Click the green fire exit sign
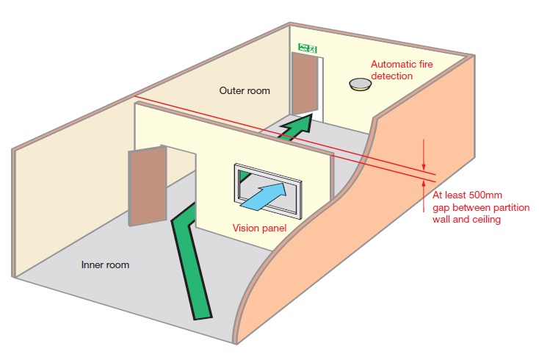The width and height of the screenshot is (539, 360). click(306, 48)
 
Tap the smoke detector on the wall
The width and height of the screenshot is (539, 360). click(361, 84)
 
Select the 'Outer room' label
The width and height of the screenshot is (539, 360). click(245, 91)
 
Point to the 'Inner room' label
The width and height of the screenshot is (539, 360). click(105, 264)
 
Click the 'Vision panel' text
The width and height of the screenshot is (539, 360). click(259, 228)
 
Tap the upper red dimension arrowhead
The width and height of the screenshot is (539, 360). click(424, 162)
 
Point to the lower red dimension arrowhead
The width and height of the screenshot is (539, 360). click(424, 184)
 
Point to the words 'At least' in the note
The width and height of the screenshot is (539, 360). click(446, 196)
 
